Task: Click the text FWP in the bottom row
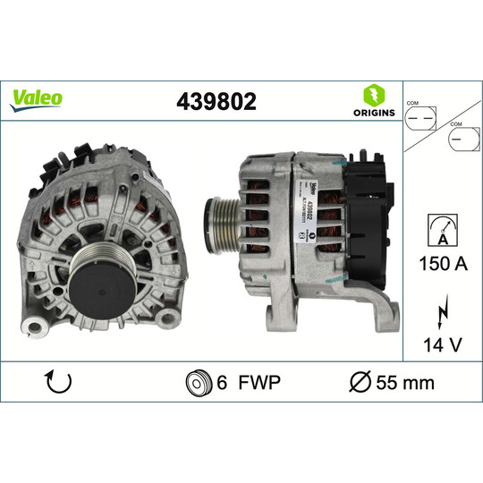[261, 383]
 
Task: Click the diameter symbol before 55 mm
[359, 383]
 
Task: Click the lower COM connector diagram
[463, 141]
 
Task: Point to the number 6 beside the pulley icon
[223, 383]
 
